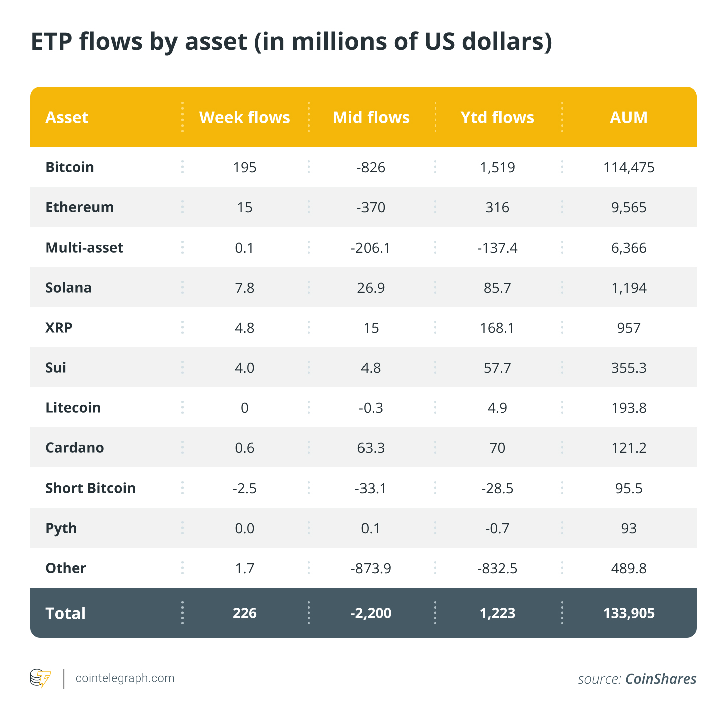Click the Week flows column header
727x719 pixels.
244,117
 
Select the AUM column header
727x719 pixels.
629,117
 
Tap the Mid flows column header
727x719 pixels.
371,117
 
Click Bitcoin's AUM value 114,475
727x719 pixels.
629,167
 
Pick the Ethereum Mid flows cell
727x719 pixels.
371,207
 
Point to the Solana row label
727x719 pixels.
68,288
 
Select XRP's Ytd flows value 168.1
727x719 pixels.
497,328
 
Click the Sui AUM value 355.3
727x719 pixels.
629,368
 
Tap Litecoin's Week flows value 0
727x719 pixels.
244,408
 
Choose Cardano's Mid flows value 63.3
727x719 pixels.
371,448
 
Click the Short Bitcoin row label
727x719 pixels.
90,488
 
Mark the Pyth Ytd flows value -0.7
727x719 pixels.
497,528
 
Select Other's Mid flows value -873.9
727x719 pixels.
371,568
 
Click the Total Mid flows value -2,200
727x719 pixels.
371,613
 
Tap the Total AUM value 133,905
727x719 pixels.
629,613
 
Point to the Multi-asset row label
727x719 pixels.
84,248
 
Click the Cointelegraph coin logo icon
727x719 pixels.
40,678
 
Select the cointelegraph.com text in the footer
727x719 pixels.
125,678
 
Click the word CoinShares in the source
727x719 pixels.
661,679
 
